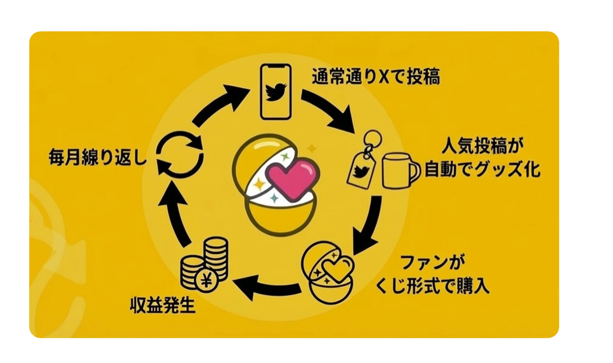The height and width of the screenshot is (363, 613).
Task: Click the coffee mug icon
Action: coord(400,172)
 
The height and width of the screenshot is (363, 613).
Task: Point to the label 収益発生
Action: coord(163,306)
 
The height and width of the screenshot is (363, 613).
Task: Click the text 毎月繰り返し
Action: coord(98,157)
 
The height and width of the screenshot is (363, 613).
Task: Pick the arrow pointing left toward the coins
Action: coord(266,287)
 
